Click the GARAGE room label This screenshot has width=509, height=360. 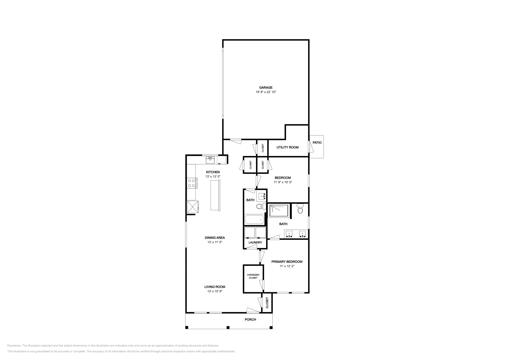point(266,87)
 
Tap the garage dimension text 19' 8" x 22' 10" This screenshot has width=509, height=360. point(266,92)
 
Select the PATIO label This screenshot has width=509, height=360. point(317,142)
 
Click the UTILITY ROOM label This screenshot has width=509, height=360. point(287,147)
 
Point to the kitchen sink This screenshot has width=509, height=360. point(210,160)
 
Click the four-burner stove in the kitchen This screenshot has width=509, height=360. point(192,183)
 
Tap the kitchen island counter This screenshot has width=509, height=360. point(215,195)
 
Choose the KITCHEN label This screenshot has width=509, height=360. point(213,172)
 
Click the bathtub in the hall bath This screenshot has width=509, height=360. point(254,219)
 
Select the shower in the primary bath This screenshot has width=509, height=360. point(279,211)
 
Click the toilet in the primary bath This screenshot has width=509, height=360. point(300,209)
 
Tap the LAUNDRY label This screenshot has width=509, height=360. point(255,242)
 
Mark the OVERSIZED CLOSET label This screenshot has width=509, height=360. point(253,276)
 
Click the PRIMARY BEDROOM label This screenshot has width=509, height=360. point(287,262)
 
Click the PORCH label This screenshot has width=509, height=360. point(250,320)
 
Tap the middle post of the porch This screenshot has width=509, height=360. point(228,327)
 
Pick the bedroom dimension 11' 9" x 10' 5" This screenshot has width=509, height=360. point(282,183)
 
